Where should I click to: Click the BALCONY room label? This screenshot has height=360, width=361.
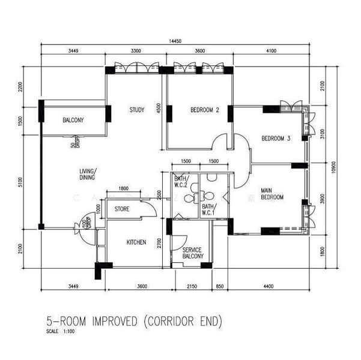point(73,121)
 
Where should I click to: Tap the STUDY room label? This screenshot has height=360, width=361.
point(138,110)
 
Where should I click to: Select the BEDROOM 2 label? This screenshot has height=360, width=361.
point(205,110)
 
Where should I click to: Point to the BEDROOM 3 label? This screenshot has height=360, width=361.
point(276,139)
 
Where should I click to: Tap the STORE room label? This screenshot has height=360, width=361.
point(123,209)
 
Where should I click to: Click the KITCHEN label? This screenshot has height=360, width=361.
point(136,242)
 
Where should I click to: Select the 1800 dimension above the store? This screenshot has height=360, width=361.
point(123,189)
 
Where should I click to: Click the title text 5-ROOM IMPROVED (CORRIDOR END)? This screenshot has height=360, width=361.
point(135,321)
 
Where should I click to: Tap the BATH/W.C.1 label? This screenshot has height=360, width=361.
point(208,209)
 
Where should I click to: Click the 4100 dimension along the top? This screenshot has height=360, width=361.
point(270,52)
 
